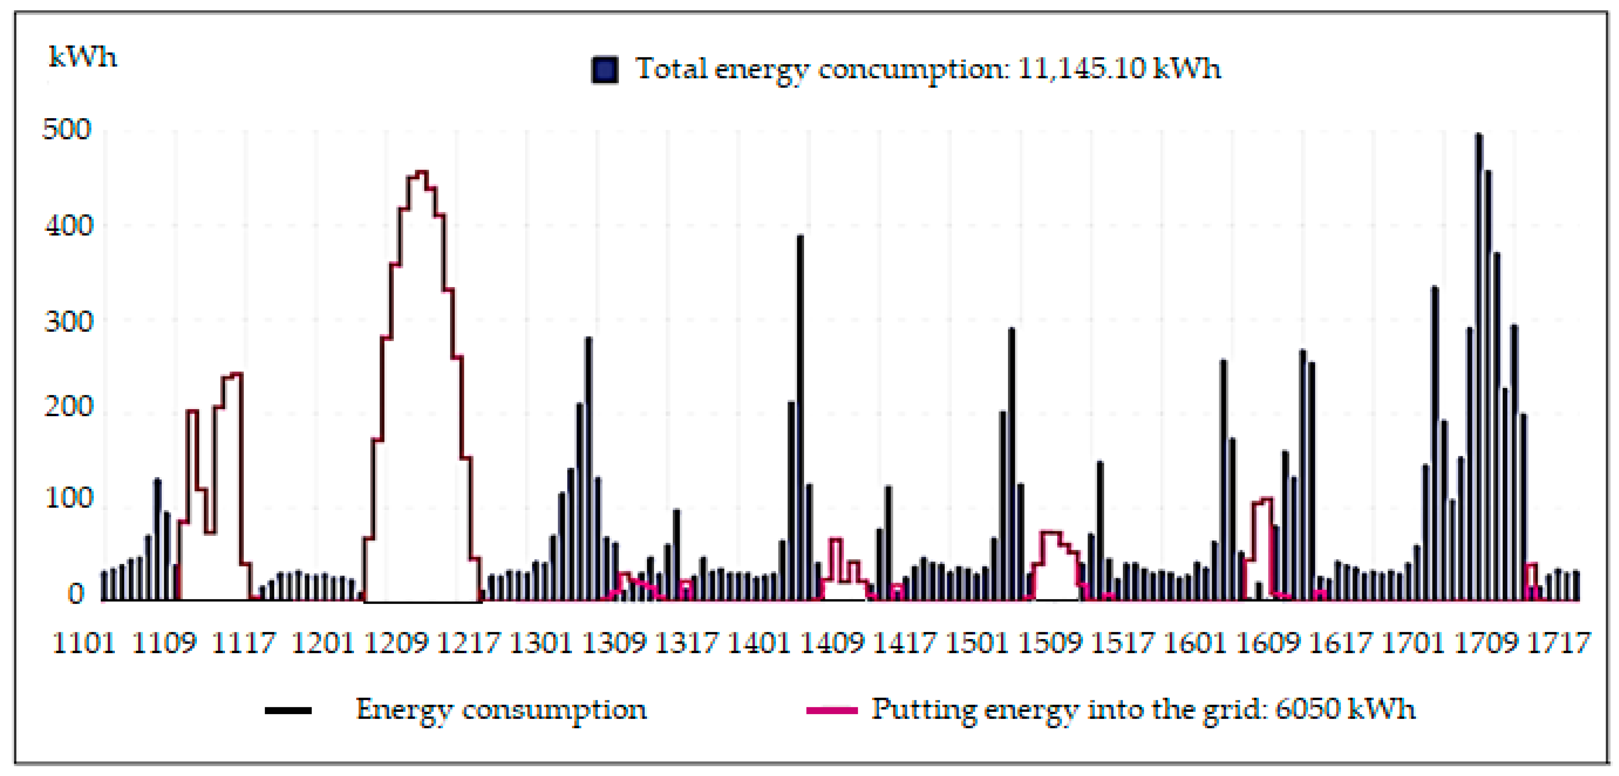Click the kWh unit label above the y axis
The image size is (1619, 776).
[83, 58]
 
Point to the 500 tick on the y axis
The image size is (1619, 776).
[67, 129]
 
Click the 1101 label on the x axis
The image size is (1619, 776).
[84, 643]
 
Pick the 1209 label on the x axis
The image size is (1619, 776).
[396, 643]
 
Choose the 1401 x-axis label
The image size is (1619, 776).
[759, 643]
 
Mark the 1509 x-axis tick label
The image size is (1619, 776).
[1050, 643]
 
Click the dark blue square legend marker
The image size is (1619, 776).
[605, 69]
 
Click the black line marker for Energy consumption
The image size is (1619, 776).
[288, 711]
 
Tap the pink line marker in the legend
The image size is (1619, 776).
[831, 711]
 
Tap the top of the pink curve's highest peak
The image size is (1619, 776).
[422, 172]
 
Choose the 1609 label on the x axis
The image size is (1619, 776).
[1268, 643]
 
